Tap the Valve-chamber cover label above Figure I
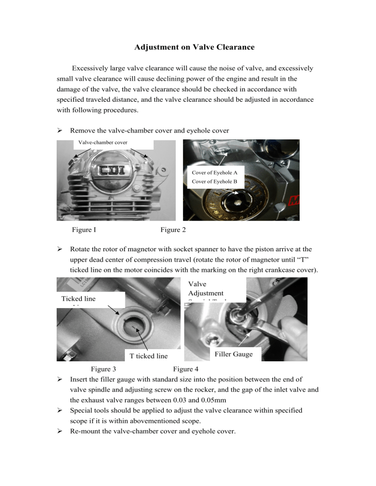click(x=100, y=142)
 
